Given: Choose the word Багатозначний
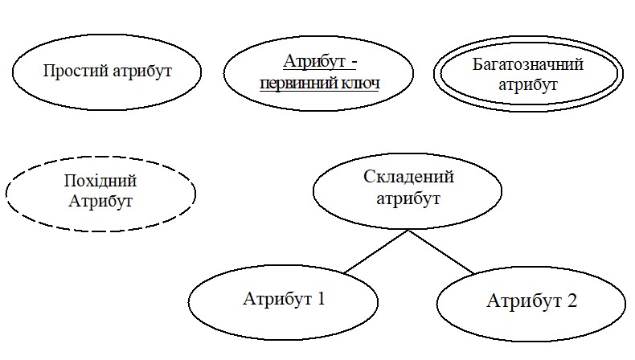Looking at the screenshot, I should coord(527,65).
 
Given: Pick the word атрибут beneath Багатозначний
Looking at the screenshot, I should coord(527,84).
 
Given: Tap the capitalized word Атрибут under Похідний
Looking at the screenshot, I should coord(100,200).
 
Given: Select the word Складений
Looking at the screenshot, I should coord(408,178).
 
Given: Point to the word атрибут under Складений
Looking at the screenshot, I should coord(408,198).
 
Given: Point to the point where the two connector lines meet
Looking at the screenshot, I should coord(409,231).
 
